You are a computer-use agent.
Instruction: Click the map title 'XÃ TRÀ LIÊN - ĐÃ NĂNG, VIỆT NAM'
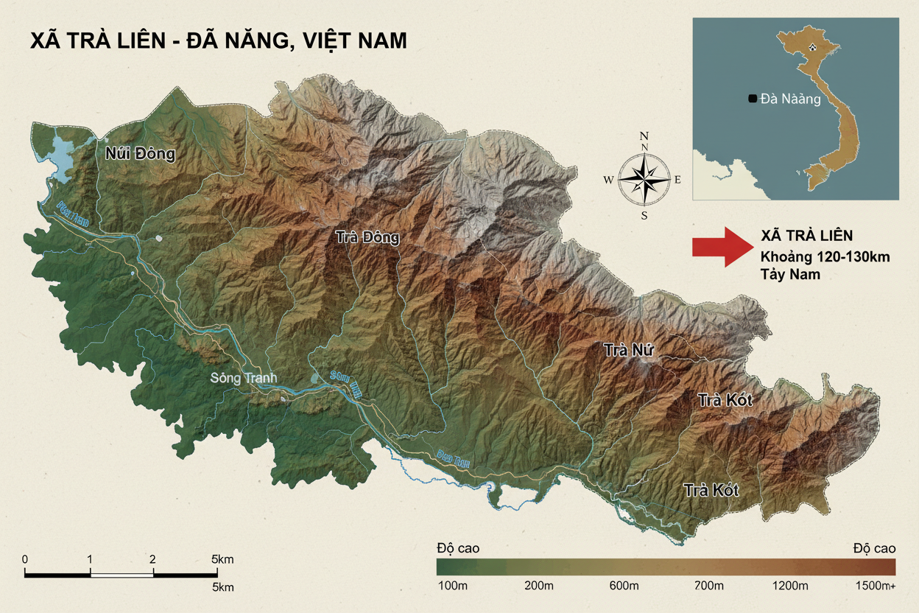tap(218, 41)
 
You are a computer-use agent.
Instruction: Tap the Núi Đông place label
tap(141, 154)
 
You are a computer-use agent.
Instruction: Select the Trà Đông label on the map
tap(367, 237)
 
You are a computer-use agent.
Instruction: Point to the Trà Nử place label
tap(629, 350)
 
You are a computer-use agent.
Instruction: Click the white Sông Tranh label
tap(244, 378)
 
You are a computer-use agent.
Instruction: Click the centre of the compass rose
tap(644, 178)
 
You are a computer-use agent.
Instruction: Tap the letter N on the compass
tap(644, 136)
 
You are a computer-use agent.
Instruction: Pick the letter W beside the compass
tap(608, 179)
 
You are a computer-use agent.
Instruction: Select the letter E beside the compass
tap(677, 179)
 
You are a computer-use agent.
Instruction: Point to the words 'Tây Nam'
tap(790, 274)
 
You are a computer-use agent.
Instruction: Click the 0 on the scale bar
tap(25, 559)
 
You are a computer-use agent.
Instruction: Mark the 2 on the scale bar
tap(152, 559)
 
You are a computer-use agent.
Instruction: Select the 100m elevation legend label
tap(454, 586)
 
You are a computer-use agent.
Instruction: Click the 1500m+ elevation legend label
tap(874, 586)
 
